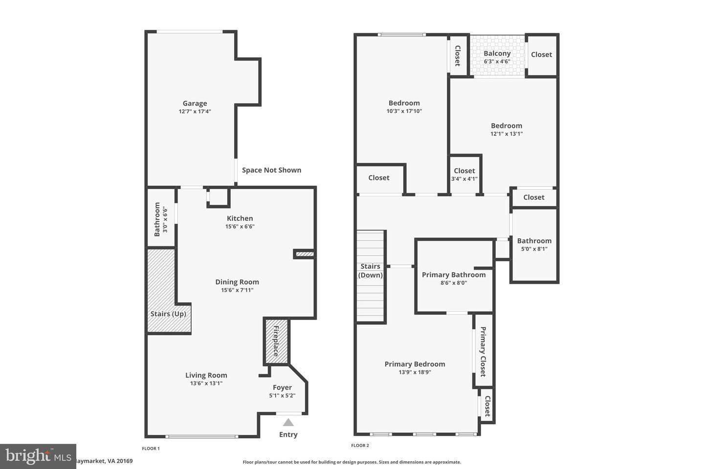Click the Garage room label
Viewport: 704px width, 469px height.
tap(195, 103)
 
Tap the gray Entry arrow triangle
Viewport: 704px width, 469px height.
tap(288, 423)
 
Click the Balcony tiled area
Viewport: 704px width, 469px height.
tap(497, 56)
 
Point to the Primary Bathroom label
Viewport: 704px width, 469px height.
tap(454, 275)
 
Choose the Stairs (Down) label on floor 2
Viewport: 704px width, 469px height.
tap(371, 271)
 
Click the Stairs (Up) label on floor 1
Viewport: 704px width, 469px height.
tap(168, 314)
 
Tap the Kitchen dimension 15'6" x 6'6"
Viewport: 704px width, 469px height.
tap(240, 226)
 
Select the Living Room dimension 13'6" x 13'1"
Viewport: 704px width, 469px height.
tap(206, 384)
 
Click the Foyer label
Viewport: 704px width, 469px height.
tap(282, 387)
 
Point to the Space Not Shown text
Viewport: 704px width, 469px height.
tap(271, 170)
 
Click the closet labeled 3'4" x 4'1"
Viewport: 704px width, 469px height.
tap(464, 174)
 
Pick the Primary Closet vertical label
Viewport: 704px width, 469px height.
tap(483, 352)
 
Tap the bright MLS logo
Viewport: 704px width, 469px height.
tap(38, 456)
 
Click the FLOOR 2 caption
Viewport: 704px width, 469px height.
tap(360, 446)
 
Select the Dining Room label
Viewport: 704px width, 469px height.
tap(237, 282)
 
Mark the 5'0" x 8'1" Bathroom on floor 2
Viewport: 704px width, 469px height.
tap(534, 244)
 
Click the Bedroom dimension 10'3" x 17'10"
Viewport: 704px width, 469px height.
tap(404, 111)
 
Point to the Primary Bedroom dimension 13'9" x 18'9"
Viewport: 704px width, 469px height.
tap(415, 372)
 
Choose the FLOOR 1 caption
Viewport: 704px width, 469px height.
tap(151, 448)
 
